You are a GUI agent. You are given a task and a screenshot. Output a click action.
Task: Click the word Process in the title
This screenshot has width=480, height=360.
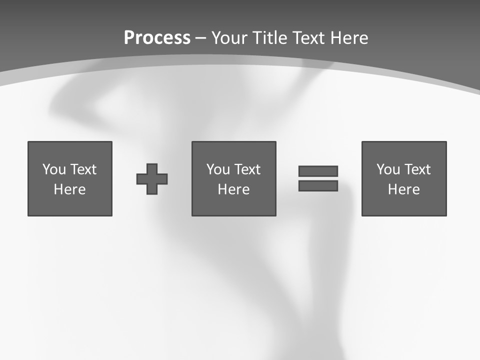tap(157, 38)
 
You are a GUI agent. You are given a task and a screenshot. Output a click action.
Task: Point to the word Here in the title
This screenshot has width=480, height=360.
tap(350, 38)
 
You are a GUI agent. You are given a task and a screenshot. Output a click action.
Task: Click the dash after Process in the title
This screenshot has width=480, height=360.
tap(201, 38)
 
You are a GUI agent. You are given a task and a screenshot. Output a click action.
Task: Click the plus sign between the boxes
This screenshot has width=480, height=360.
tap(152, 178)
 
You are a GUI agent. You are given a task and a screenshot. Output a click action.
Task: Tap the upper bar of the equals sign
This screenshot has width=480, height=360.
tap(318, 171)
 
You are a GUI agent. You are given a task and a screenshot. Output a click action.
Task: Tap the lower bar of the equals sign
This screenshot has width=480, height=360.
tap(318, 186)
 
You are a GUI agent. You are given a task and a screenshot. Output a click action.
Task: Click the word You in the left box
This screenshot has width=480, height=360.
tap(54, 169)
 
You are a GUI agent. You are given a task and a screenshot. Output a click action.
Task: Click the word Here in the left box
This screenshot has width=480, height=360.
tap(70, 189)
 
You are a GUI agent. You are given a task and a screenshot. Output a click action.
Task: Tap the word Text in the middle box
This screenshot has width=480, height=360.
tap(247, 169)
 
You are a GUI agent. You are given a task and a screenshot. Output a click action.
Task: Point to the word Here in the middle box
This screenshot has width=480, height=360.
tap(234, 189)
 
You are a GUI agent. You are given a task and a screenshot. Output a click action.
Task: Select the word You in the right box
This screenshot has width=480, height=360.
tap(388, 169)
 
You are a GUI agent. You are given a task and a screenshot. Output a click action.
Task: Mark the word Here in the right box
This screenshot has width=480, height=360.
tap(404, 189)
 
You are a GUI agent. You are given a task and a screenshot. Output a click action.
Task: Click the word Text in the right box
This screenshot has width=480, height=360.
tap(417, 169)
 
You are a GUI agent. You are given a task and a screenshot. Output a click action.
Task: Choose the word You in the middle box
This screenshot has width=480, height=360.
tap(218, 169)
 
